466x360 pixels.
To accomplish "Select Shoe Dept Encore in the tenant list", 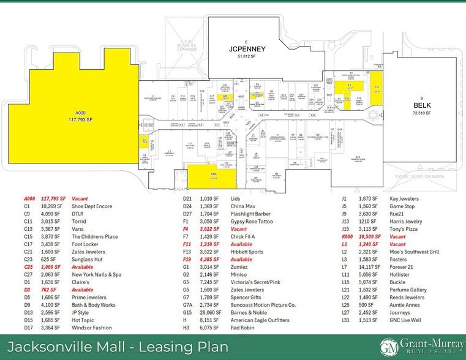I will pos(92,206).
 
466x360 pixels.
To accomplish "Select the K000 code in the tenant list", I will pos(348,236).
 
